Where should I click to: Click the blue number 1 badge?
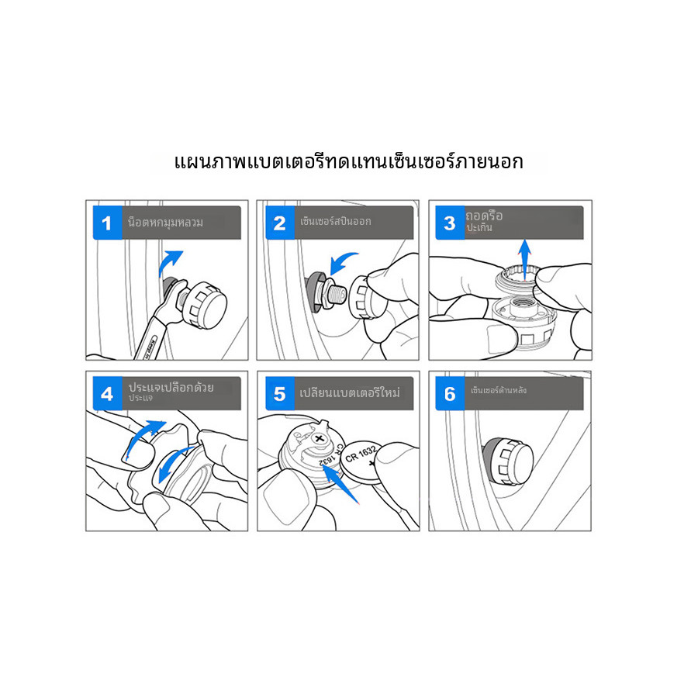pyautogui.click(x=107, y=223)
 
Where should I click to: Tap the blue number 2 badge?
pyautogui.click(x=279, y=223)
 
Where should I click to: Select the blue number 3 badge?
pyautogui.click(x=450, y=223)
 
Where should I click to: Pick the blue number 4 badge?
pyautogui.click(x=107, y=393)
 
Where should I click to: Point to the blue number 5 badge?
pyautogui.click(x=279, y=393)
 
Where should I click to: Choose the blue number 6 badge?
pyautogui.click(x=450, y=393)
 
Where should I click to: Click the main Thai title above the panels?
pyautogui.click(x=348, y=161)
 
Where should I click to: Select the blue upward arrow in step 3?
pyautogui.click(x=525, y=261)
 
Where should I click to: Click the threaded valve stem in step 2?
pyautogui.click(x=335, y=294)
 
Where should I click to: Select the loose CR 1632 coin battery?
pyautogui.click(x=361, y=461)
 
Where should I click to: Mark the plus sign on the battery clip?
pyautogui.click(x=320, y=438)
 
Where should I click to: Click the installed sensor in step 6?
pyautogui.click(x=508, y=461)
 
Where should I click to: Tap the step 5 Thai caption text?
pyautogui.click(x=350, y=392)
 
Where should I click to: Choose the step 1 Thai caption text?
pyautogui.click(x=165, y=222)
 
